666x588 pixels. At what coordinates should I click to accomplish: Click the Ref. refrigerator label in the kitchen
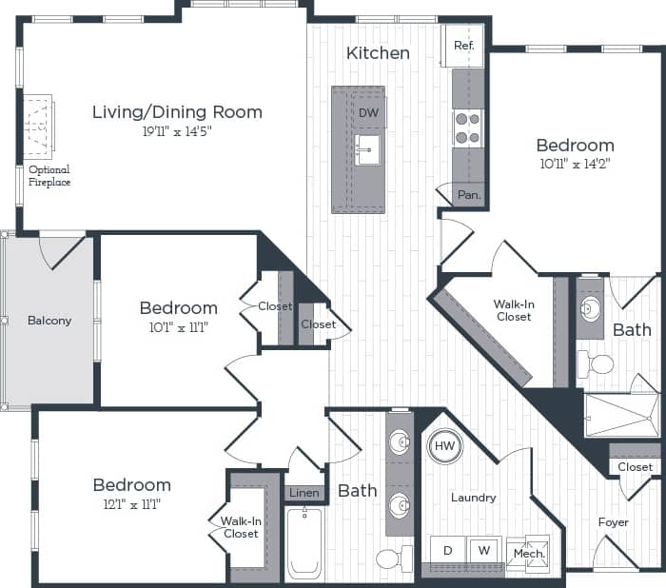pyautogui.click(x=464, y=46)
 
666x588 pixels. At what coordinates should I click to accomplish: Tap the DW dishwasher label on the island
pyautogui.click(x=368, y=112)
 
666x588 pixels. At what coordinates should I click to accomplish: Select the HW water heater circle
pyautogui.click(x=444, y=446)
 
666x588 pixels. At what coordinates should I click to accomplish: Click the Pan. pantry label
pyautogui.click(x=468, y=194)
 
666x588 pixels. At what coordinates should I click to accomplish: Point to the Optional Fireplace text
pyautogui.click(x=49, y=176)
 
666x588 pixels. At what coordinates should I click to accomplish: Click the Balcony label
pyautogui.click(x=49, y=321)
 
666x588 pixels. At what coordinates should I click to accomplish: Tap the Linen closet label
pyautogui.click(x=304, y=493)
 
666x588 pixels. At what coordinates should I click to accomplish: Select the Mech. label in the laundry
pyautogui.click(x=528, y=553)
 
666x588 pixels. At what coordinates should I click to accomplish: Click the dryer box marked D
pyautogui.click(x=447, y=550)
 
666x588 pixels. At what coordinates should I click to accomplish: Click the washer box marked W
pyautogui.click(x=484, y=550)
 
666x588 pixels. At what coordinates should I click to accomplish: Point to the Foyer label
pyautogui.click(x=613, y=521)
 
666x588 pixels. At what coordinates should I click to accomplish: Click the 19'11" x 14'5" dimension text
pyautogui.click(x=177, y=132)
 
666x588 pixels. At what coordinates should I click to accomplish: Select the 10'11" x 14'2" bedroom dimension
pyautogui.click(x=575, y=164)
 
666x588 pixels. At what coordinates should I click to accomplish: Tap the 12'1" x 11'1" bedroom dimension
pyautogui.click(x=131, y=503)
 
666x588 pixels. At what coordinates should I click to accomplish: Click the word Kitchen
pyautogui.click(x=378, y=53)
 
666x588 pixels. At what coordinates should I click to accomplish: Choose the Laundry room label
pyautogui.click(x=474, y=498)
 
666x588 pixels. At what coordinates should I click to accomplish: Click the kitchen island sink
pyautogui.click(x=367, y=150)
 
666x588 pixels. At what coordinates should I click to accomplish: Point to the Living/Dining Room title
pyautogui.click(x=177, y=112)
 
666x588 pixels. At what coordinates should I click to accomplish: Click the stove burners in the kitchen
pyautogui.click(x=467, y=127)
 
